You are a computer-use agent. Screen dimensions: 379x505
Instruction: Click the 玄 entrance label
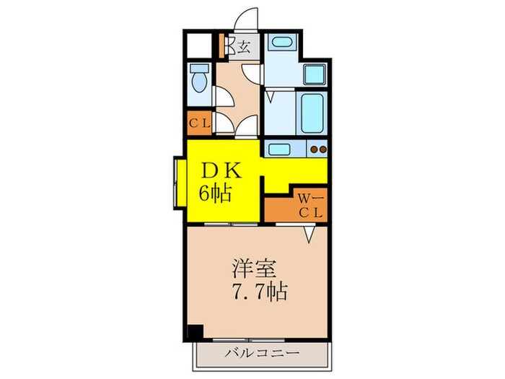click(245, 48)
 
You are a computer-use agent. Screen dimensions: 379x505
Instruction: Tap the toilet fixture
click(200, 79)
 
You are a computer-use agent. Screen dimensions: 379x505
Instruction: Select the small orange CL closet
click(199, 123)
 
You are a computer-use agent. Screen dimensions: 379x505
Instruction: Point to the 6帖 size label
click(216, 193)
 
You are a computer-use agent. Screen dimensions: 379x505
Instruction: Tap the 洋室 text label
click(251, 269)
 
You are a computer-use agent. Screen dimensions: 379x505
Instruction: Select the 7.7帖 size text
click(260, 292)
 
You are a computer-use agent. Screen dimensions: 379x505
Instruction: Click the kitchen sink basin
click(278, 150)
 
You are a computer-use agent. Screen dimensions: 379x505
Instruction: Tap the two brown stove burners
click(317, 151)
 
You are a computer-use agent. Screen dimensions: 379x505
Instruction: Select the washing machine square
click(315, 74)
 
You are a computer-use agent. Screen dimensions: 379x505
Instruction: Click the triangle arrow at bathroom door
click(271, 95)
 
